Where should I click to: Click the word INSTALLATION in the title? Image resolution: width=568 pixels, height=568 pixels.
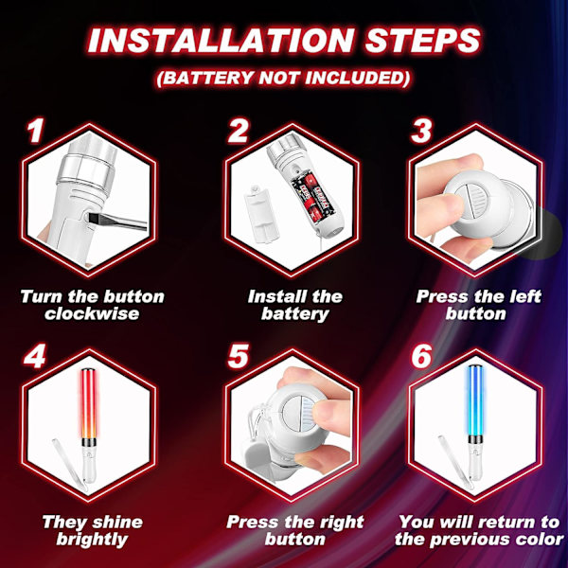222,40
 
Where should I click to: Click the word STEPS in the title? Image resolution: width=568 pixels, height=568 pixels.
422,40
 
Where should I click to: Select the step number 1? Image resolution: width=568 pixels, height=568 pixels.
35,131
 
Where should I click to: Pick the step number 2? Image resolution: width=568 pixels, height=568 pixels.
238,131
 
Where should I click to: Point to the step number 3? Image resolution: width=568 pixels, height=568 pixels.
421,131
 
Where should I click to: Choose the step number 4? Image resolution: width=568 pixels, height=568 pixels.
35,356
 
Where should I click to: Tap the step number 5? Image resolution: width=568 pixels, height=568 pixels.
238,356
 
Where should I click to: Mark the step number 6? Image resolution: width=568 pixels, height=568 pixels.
421,356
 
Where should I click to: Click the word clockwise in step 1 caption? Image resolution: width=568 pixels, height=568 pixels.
92,313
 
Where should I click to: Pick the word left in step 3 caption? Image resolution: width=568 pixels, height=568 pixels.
525,296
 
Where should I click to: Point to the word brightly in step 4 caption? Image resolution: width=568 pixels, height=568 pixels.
92,540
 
